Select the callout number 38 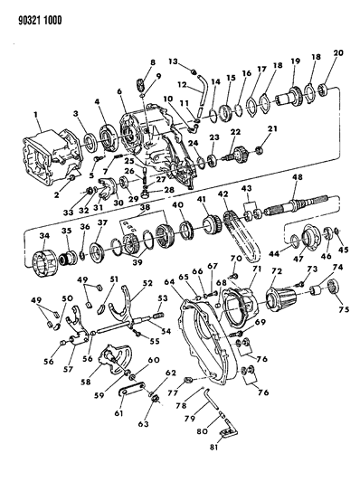(143, 207)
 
